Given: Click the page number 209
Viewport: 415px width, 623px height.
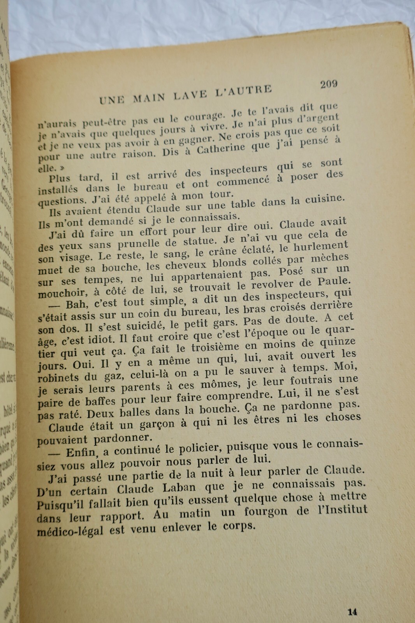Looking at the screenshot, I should tap(329, 84).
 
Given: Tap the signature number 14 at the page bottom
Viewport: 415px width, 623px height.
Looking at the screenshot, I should tap(352, 612).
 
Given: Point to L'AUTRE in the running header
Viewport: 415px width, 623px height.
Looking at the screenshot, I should tap(243, 90).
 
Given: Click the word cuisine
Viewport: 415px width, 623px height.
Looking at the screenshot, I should tap(325, 199).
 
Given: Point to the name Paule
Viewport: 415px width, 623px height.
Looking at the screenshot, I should tap(334, 281).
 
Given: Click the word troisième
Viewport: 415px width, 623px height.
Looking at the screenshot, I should tap(215, 347).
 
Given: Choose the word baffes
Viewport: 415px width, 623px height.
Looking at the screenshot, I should tap(100, 401).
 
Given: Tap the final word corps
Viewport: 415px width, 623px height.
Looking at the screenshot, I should tap(239, 526).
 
